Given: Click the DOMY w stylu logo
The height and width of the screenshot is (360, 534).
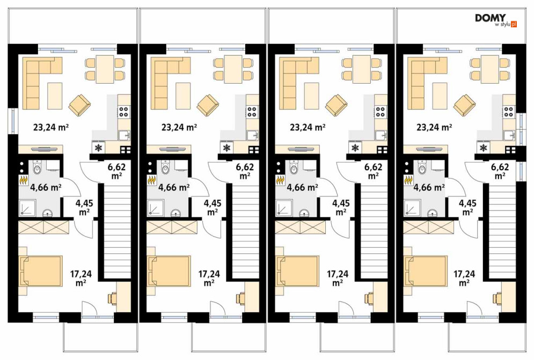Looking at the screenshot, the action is pos(496,20).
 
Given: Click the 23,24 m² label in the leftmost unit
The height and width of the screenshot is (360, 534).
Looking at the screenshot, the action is pos(52,127).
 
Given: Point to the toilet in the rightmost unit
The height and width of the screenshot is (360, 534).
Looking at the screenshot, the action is pos(421,167).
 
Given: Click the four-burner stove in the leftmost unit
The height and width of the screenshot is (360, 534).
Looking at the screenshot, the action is pos(124,112).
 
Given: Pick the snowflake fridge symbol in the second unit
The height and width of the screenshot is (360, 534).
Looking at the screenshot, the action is pos(226,148).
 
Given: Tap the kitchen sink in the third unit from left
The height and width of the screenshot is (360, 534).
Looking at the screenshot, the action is pos(381,135).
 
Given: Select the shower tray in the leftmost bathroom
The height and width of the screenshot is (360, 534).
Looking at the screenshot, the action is pos(27,208).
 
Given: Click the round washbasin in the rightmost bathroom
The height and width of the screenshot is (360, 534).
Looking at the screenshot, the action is pos(433,213).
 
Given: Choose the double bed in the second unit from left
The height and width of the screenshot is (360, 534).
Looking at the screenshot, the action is pos(169,271).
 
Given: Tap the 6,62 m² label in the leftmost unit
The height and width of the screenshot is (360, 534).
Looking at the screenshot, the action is pos(116,171).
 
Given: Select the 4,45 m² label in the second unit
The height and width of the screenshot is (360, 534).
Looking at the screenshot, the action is pos(212,208).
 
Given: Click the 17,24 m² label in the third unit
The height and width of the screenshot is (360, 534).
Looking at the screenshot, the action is pos(338,278).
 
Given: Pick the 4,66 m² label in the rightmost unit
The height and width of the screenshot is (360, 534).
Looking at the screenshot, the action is pos(429,187).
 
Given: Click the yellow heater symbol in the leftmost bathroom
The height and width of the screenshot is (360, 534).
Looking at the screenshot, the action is pos(24,179).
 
